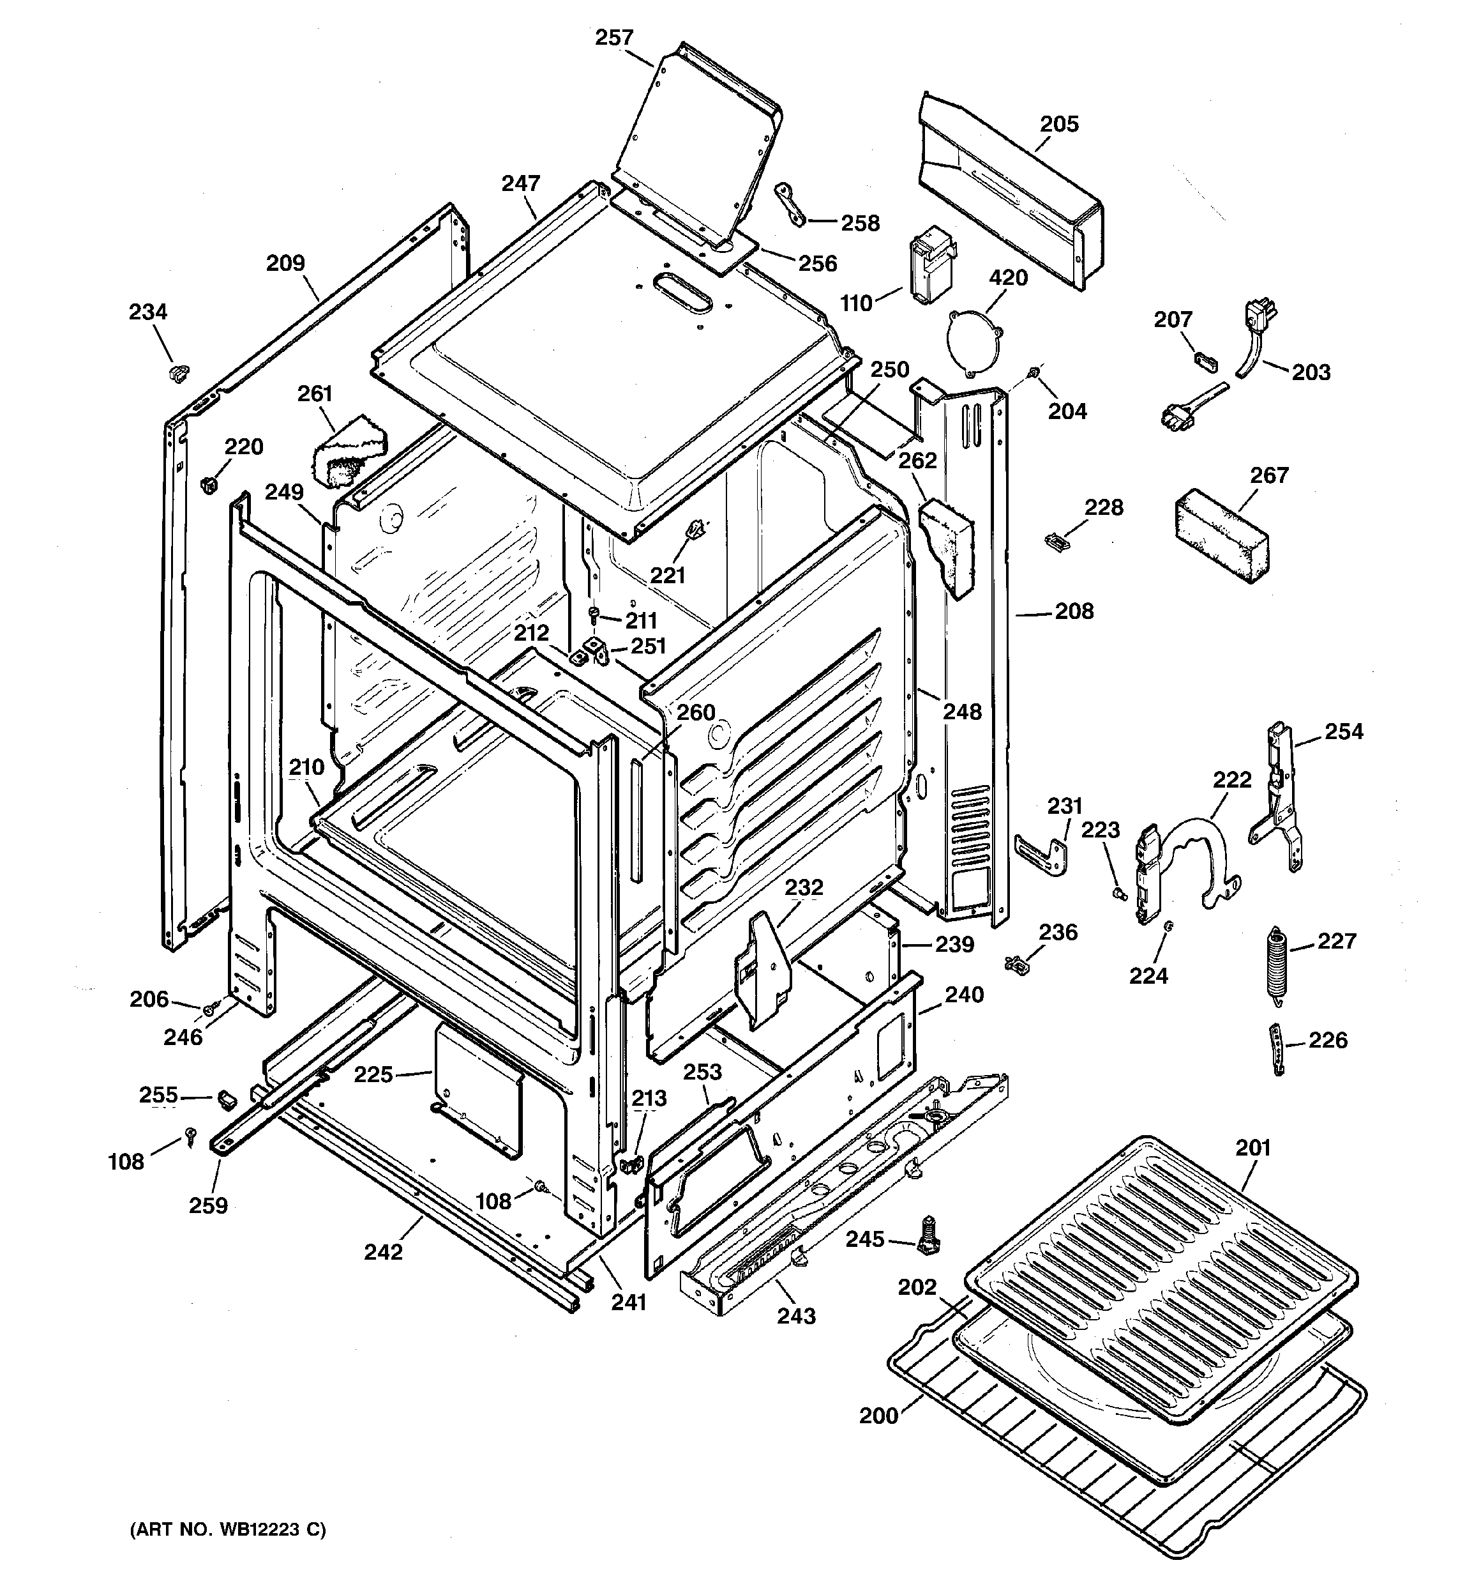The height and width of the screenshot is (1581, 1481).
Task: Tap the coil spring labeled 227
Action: click(x=1276, y=962)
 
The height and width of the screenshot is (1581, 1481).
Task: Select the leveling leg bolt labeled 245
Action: click(x=927, y=1237)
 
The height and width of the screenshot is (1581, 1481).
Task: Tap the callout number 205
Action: click(x=1059, y=124)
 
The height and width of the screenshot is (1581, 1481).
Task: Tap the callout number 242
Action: click(x=383, y=1252)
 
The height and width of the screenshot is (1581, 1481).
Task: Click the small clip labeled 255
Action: click(x=227, y=1100)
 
